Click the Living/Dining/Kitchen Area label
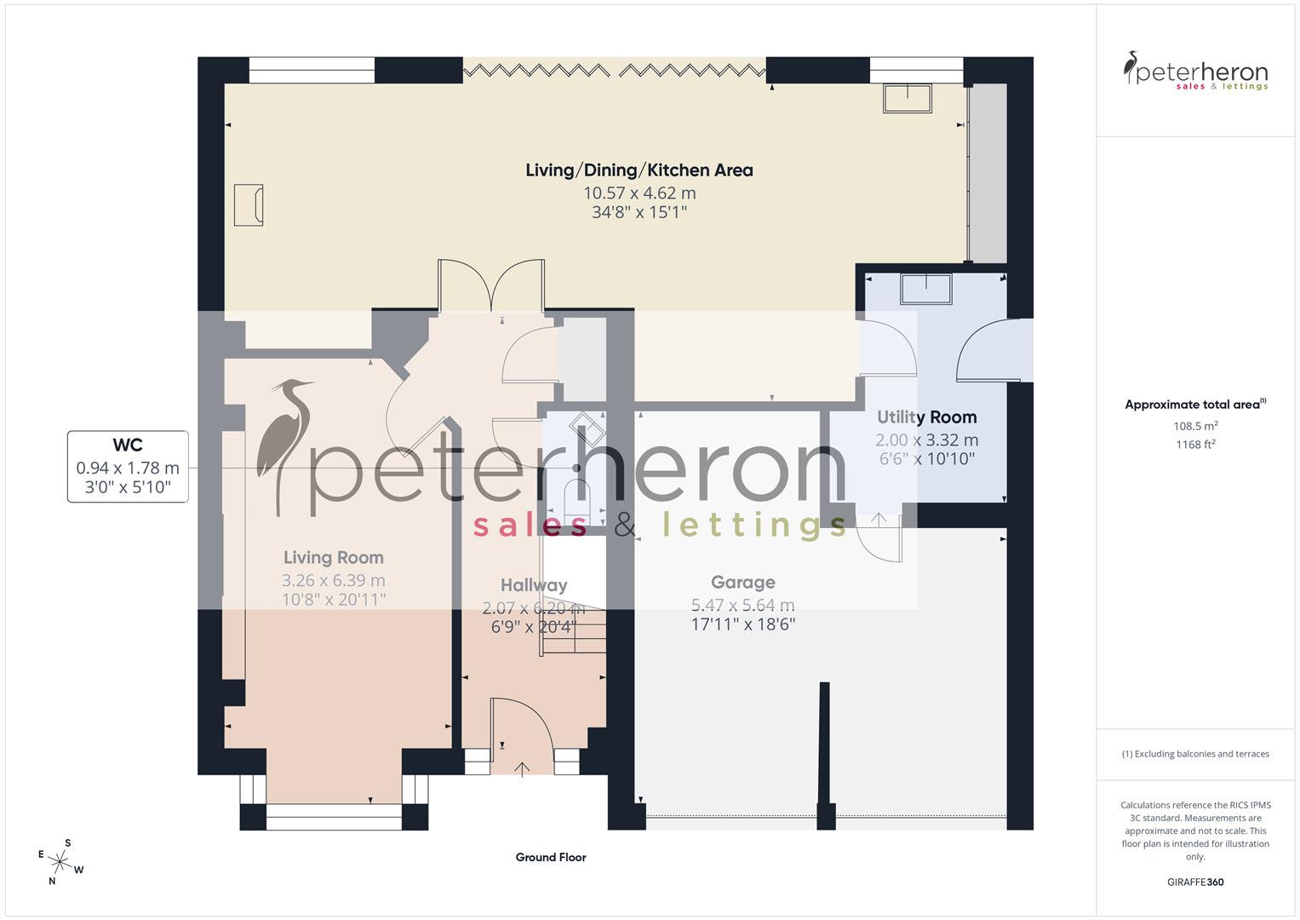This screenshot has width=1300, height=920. tap(639, 170)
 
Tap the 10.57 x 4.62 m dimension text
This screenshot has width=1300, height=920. tap(639, 193)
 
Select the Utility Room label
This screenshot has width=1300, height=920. tap(926, 417)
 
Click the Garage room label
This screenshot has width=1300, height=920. tap(742, 583)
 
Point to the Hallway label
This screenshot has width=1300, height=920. tap(533, 585)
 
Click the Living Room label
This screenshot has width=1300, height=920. tap(333, 558)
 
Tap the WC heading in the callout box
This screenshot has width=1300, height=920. tap(128, 445)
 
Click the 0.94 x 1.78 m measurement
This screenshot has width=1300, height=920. tap(128, 468)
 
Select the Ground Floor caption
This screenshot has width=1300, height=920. tap(550, 857)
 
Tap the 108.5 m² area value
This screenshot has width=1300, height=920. tap(1195, 426)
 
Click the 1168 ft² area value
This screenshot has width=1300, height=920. tap(1195, 444)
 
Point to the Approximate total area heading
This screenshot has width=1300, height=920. tap(1194, 405)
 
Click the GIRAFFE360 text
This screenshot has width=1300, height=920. tap(1195, 882)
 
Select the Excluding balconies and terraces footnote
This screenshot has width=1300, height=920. tap(1195, 754)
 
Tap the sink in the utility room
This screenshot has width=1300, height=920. tap(925, 289)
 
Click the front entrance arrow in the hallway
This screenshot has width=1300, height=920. tap(522, 768)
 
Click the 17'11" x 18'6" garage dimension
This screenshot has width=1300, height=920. tap(742, 624)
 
